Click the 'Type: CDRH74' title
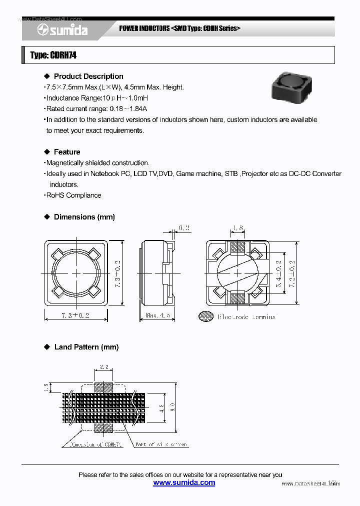tap(53, 55)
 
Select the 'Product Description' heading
tap(88, 76)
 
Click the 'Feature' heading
tap(66, 152)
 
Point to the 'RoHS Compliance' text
tap(73, 195)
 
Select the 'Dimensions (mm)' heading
tap(84, 217)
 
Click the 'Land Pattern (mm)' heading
tap(86, 347)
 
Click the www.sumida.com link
tap(184, 482)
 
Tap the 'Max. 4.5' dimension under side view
tap(158, 316)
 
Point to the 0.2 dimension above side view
tap(183, 228)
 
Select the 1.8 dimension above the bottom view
tap(237, 228)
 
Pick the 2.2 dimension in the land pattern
tap(104, 366)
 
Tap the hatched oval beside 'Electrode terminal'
tap(205, 316)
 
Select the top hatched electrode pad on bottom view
tap(237, 246)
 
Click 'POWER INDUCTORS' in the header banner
tap(144, 28)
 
